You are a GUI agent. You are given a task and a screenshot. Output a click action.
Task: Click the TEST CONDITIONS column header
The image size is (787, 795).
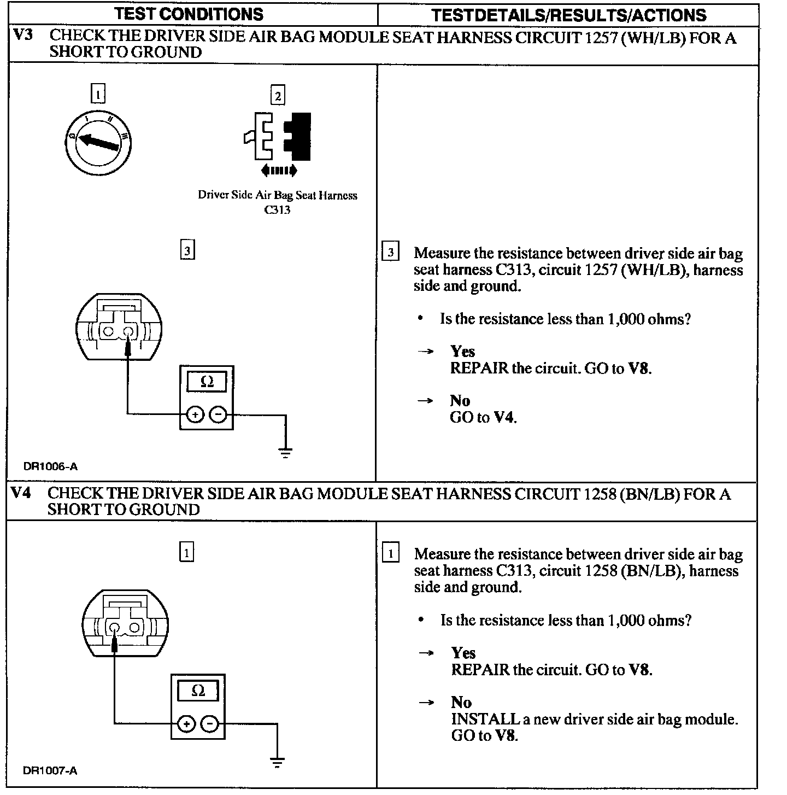pyautogui.click(x=190, y=14)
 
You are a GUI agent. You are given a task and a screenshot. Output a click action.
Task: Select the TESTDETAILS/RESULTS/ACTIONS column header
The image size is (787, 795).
pyautogui.click(x=568, y=15)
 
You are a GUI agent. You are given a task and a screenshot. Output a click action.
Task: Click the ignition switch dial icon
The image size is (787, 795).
pyautogui.click(x=98, y=143)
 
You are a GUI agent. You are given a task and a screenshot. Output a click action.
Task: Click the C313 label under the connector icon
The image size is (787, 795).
pyautogui.click(x=277, y=210)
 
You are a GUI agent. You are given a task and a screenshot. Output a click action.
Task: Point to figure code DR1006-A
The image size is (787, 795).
pyautogui.click(x=50, y=466)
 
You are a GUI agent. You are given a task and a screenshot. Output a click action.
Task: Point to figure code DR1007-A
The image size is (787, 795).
pyautogui.click(x=50, y=770)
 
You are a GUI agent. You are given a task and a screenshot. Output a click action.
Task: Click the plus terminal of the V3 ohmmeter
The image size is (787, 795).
pyautogui.click(x=195, y=415)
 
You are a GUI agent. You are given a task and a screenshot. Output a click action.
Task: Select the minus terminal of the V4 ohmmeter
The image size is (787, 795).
pyautogui.click(x=209, y=724)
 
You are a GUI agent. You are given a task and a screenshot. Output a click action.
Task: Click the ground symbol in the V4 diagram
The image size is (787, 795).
pyautogui.click(x=278, y=762)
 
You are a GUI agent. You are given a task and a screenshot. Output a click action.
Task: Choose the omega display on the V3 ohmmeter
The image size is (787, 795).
pyautogui.click(x=207, y=382)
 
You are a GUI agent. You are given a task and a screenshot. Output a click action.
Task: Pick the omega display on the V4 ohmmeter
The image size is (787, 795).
pyautogui.click(x=198, y=691)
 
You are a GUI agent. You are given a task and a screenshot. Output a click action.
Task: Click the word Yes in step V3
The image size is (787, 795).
pyautogui.click(x=462, y=352)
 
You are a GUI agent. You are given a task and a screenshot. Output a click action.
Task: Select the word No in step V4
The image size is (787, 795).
pyautogui.click(x=461, y=702)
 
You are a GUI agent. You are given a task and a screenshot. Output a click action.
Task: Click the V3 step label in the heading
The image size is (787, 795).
pyautogui.click(x=22, y=36)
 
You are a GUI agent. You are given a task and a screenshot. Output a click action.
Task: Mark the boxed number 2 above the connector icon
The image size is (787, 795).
pyautogui.click(x=278, y=96)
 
